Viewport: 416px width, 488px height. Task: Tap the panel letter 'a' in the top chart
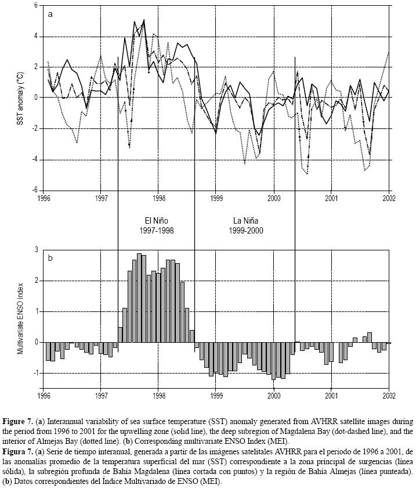[x=51, y=15]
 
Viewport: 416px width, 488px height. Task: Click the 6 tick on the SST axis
[x=35, y=5]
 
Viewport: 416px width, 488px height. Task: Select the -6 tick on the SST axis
[x=34, y=190]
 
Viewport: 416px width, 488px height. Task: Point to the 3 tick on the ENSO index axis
[x=37, y=250]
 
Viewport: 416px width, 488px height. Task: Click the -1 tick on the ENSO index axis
[x=35, y=372]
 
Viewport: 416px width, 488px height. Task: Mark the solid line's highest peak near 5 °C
[x=143, y=21]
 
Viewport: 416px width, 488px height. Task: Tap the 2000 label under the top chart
[x=274, y=198]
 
